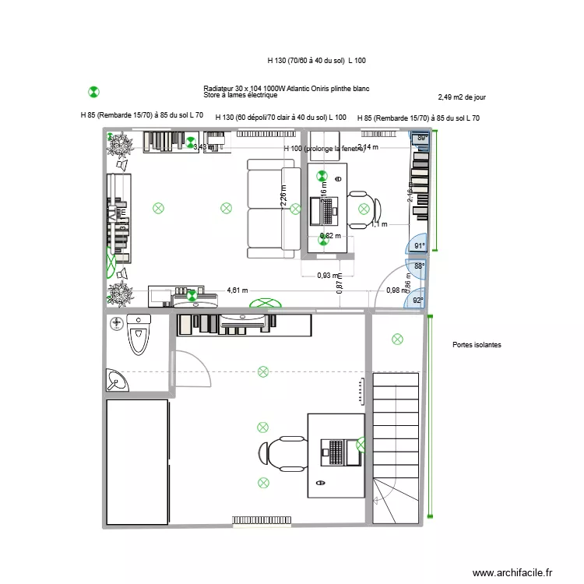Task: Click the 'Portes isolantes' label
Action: coord(477,345)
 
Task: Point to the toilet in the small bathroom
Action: coord(139,336)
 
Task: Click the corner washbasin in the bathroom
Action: coord(117,379)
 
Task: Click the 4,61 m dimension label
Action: coord(237,290)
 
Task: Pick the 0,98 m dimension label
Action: coord(396,290)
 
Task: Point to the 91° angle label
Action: coord(419,247)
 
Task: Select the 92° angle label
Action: coord(418,301)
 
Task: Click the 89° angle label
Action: coord(422,139)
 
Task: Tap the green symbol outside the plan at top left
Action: coord(93,92)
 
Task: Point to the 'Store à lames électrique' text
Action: coord(240,96)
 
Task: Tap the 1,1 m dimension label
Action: coord(378,224)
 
